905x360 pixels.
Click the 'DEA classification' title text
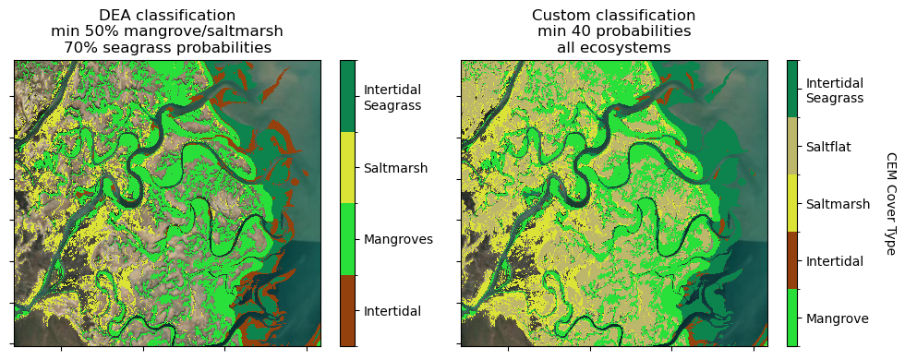167,16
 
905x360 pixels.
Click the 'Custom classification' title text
613,16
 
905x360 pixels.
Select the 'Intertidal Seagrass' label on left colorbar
392,97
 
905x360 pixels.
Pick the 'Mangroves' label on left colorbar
398,239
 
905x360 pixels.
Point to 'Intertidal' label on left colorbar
392,311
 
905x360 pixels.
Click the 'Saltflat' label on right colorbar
828,147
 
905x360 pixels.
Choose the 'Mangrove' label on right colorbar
837,318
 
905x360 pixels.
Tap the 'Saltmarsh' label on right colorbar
838,204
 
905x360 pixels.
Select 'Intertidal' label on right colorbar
835,261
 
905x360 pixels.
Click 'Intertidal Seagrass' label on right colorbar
835,90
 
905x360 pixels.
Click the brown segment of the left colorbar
347,310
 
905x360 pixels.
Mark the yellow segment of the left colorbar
347,167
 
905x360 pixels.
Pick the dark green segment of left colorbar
347,96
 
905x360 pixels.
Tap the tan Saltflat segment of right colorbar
792,146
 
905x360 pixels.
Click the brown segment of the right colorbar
792,260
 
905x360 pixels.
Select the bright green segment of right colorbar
792,318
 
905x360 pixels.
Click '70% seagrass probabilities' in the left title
167,48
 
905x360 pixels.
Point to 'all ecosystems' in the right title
613,48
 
